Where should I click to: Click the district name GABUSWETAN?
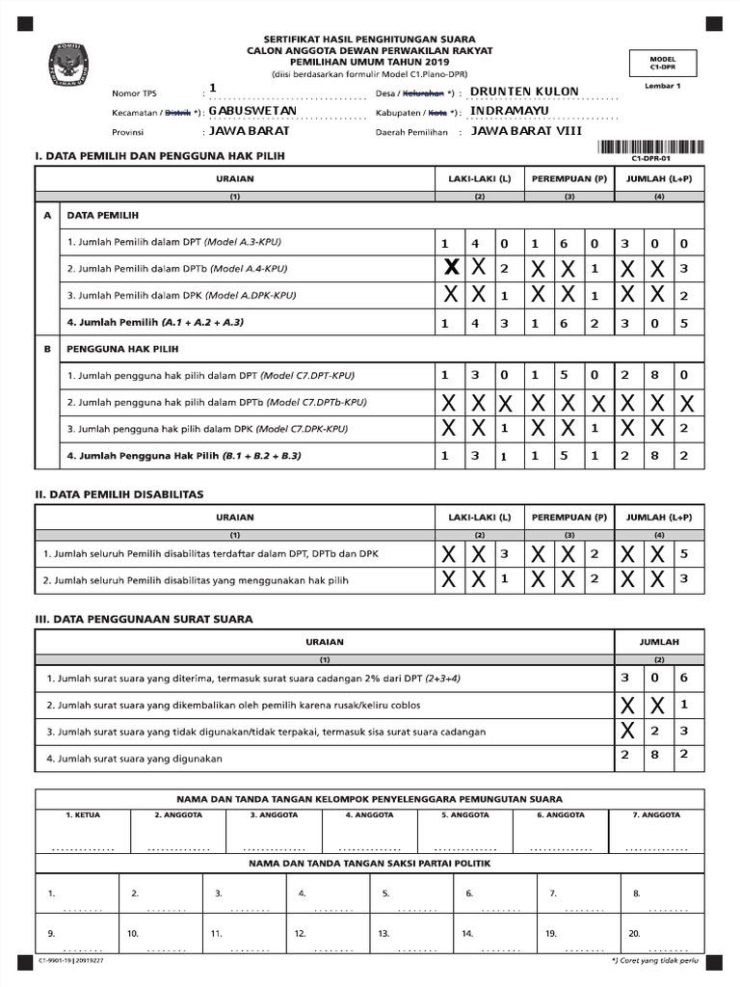point(252,111)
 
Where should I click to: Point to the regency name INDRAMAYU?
point(510,111)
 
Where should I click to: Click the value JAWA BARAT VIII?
point(526,131)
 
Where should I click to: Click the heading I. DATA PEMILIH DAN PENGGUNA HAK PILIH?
point(160,155)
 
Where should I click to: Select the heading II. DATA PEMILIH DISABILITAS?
point(119,493)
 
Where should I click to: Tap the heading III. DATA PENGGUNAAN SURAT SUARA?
point(144,619)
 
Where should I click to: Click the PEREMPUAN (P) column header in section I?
point(568,179)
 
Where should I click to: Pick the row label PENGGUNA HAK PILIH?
point(109,348)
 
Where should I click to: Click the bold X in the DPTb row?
point(449,269)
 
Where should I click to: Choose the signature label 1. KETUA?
point(83,814)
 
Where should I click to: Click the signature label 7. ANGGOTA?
point(657,814)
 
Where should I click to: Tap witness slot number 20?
point(634,933)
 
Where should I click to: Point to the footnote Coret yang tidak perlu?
point(656,962)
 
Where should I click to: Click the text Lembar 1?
point(662,87)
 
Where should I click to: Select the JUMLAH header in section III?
point(659,641)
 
